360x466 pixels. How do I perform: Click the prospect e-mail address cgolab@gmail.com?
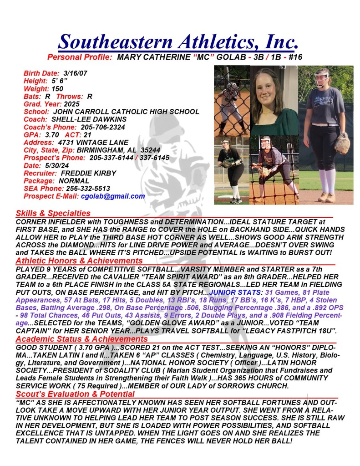[x=113, y=196]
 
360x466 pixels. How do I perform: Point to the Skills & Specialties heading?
[x=53, y=213]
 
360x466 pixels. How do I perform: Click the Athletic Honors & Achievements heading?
[x=79, y=261]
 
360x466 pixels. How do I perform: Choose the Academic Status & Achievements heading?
[x=81, y=339]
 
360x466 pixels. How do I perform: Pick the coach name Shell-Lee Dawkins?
[x=86, y=119]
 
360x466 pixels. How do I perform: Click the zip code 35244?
[x=145, y=150]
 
